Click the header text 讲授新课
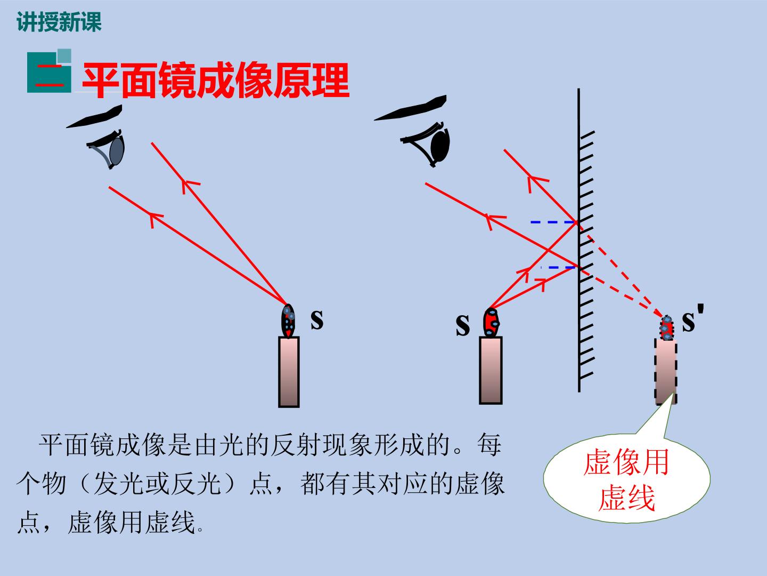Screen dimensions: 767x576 [59, 22]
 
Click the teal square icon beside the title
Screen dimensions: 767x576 [49, 71]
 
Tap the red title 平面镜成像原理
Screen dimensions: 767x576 [216, 80]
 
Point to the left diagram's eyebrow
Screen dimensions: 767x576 [94, 116]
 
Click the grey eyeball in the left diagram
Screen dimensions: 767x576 [117, 150]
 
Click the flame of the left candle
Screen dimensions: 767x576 [288, 321]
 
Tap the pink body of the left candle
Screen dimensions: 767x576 [289, 372]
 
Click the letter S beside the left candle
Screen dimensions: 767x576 [317, 319]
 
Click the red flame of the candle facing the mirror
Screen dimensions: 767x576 [491, 323]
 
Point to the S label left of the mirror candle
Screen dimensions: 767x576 [463, 325]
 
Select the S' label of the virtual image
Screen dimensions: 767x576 [693, 318]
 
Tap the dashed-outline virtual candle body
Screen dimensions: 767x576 [666, 372]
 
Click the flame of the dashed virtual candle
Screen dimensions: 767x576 [666, 327]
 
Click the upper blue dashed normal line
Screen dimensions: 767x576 [553, 222]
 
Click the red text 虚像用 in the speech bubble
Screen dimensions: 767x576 [626, 462]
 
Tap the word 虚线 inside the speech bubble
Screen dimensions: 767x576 [626, 498]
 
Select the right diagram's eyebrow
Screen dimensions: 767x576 [411, 108]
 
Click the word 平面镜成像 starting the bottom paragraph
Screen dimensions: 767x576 [102, 445]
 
